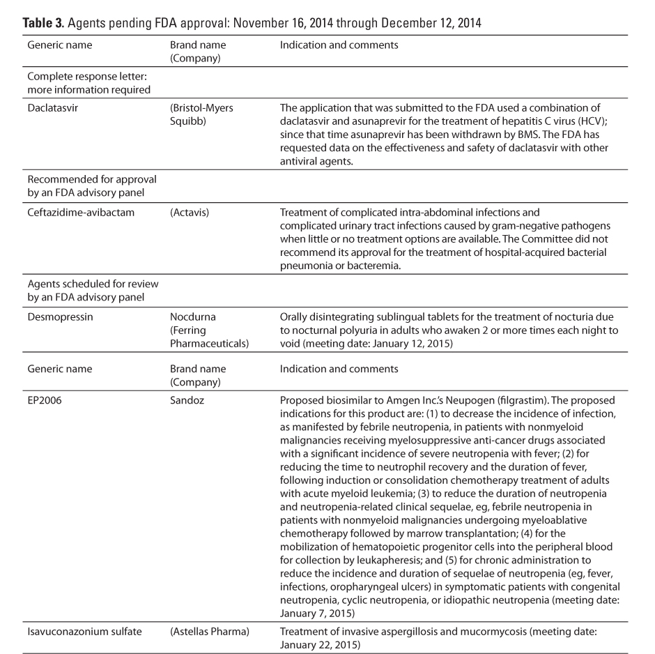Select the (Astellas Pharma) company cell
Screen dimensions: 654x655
coord(210,632)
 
